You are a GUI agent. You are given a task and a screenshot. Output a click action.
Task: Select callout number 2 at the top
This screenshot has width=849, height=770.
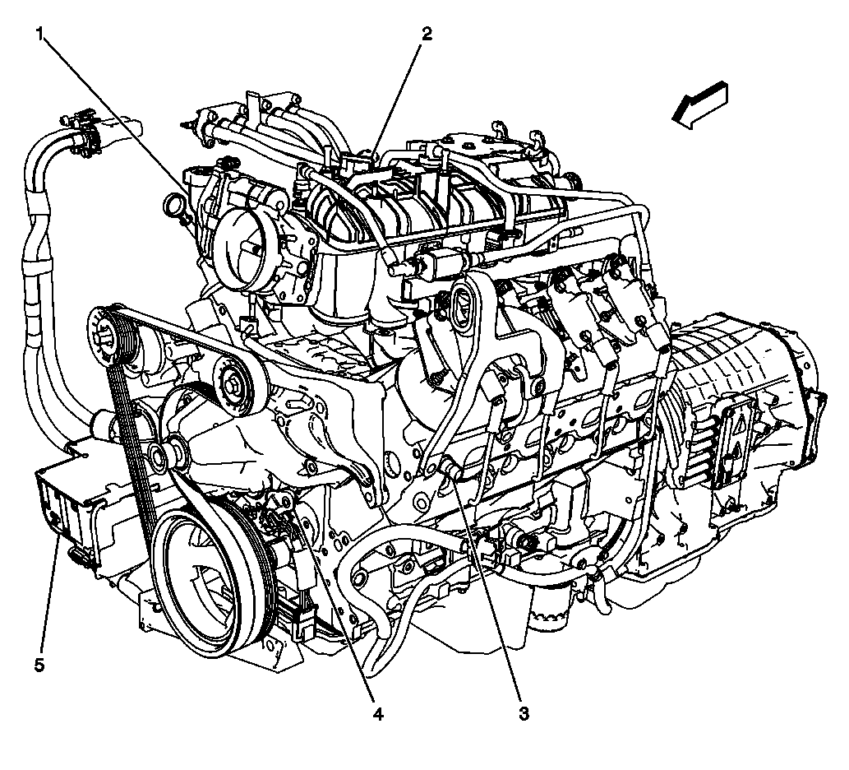coord(427,34)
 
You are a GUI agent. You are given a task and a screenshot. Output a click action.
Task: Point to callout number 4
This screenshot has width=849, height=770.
coord(377,714)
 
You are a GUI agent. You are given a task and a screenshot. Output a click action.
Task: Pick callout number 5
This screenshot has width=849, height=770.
coord(39,665)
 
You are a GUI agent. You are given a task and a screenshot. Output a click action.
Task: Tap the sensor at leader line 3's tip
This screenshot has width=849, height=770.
coord(450,469)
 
